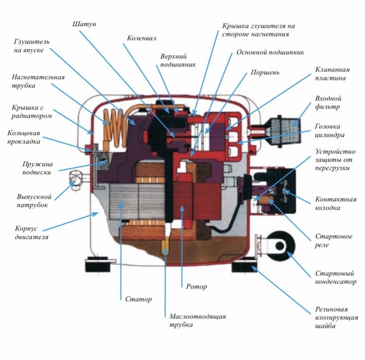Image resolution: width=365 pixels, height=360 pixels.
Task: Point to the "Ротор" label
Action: coord(196,286)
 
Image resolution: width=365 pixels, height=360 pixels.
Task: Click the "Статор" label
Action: coord(139,299)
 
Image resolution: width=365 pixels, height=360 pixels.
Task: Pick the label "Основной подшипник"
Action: coord(270,52)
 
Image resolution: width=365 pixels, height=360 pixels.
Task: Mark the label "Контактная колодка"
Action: coord(336,203)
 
